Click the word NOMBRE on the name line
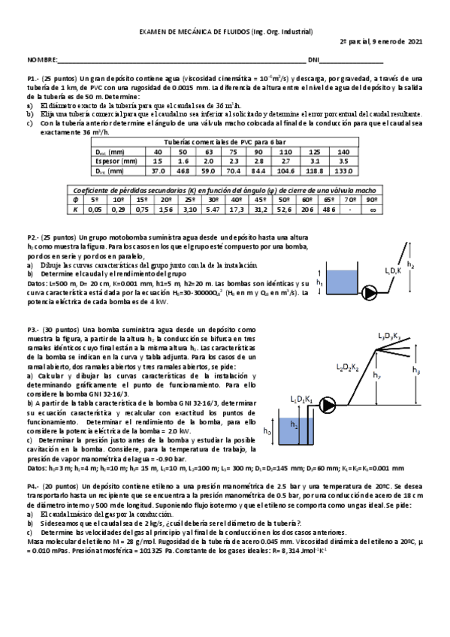point(41,59)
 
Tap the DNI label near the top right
point(313,59)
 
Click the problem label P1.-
point(33,78)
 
